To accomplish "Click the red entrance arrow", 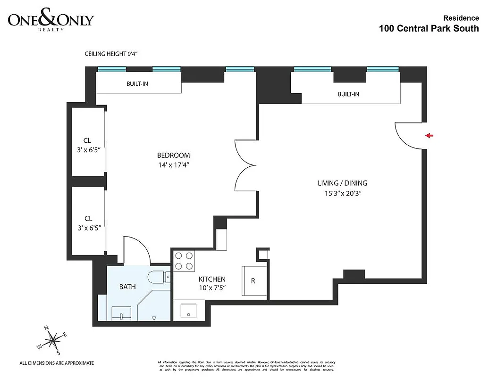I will [429, 136].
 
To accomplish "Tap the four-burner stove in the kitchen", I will [185, 261].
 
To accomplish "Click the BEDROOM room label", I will [173, 156].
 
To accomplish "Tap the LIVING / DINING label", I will [343, 183].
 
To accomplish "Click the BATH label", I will [127, 286].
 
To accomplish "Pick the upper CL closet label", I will [87, 140].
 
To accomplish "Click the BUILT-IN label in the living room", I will [348, 94].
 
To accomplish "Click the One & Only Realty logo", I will [51, 21].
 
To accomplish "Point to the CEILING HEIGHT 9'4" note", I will [112, 54].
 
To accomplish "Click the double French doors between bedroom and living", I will [245, 165].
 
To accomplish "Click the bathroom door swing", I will [136, 250].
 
